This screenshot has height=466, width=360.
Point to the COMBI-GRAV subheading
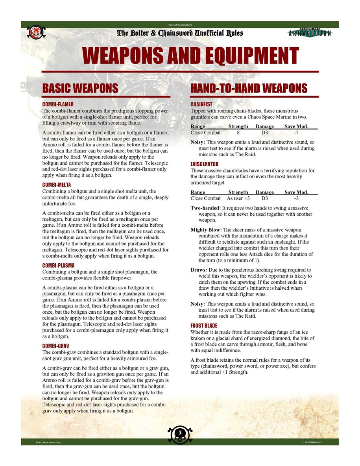tap(56, 346)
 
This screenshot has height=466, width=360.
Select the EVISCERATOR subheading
tap(204, 164)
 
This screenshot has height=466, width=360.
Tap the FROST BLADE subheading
tap(204, 326)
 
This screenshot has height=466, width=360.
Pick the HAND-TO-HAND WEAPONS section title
tap(249, 88)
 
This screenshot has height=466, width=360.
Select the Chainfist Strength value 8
tap(238, 133)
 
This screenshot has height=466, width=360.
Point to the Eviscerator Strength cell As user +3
tap(238, 198)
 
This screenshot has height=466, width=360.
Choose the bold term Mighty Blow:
tap(206, 230)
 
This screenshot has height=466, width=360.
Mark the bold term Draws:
tap(198, 270)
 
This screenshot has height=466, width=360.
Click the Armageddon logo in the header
tap(310, 33)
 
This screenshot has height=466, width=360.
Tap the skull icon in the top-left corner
tap(36, 32)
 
